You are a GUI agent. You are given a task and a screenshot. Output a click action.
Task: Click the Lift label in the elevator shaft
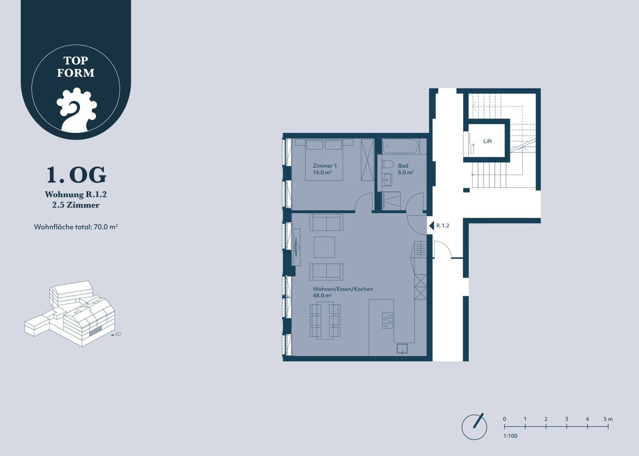click(x=487, y=141)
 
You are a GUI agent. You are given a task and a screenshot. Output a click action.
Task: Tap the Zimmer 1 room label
click(x=325, y=166)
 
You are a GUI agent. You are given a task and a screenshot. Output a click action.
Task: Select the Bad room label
click(x=403, y=166)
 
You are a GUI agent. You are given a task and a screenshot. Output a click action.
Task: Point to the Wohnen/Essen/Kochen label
click(x=343, y=289)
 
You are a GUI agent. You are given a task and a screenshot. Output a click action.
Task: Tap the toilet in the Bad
click(x=388, y=164)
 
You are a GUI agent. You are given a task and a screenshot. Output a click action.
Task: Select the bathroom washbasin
click(x=387, y=180)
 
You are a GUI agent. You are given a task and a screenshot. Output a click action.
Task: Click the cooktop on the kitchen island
click(x=387, y=320)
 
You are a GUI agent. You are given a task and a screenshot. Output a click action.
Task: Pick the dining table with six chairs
click(x=325, y=321)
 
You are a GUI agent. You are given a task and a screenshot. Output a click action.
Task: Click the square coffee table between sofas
click(x=324, y=247)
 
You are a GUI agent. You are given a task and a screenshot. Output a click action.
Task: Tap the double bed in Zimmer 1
click(x=324, y=160)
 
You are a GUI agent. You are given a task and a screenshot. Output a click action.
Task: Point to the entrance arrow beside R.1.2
click(x=431, y=226)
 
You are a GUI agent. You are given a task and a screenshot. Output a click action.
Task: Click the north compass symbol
click(x=475, y=427)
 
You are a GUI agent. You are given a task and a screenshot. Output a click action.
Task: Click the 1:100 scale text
click(x=510, y=436)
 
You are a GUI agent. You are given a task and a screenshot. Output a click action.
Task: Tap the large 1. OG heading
click(x=76, y=175)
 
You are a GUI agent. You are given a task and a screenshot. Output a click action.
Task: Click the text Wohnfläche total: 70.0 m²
click(x=76, y=227)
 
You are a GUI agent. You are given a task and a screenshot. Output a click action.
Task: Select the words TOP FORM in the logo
click(x=75, y=67)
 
